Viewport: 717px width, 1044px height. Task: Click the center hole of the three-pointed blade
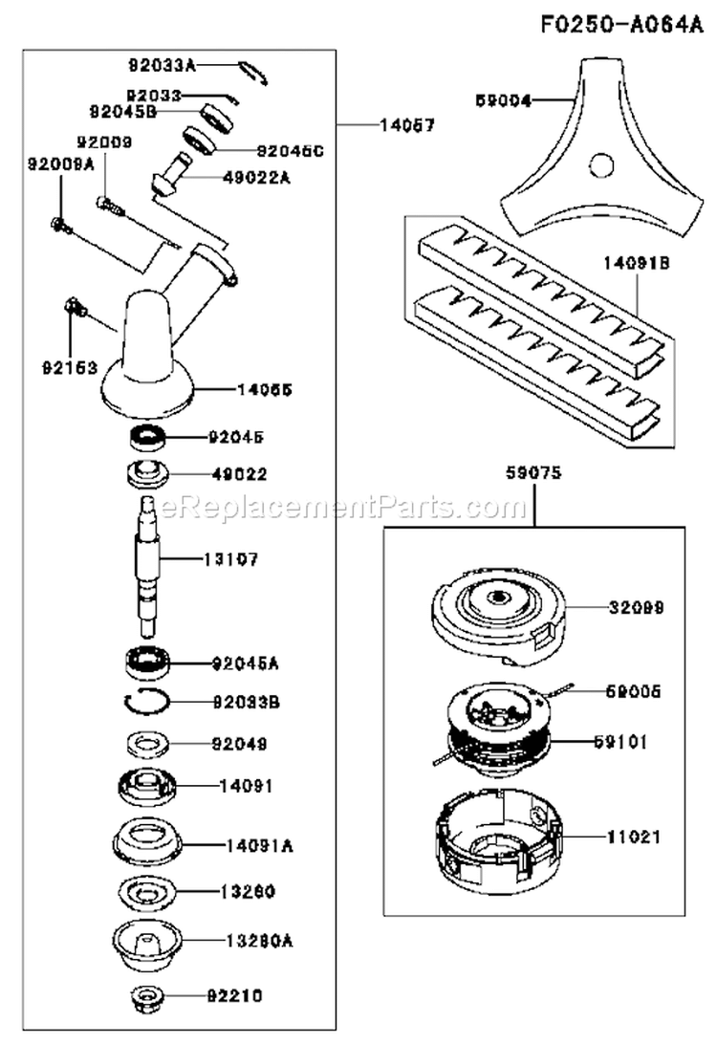(601, 166)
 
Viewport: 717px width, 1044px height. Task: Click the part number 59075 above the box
(533, 471)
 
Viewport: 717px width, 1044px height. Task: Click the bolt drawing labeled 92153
(75, 308)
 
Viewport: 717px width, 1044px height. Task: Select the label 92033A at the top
(163, 66)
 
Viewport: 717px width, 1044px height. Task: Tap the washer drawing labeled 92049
(147, 743)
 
